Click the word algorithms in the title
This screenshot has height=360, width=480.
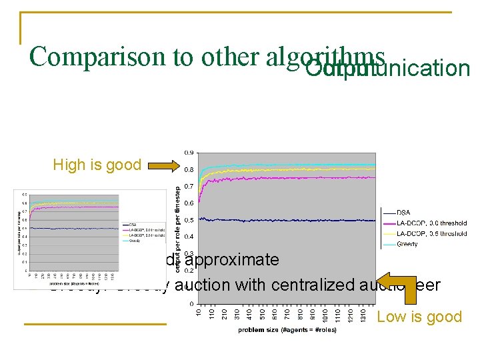327,57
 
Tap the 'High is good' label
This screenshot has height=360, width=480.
97,165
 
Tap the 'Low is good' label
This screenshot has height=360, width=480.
419,317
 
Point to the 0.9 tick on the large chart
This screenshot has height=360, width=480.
189,153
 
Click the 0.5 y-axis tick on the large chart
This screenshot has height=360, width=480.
189,220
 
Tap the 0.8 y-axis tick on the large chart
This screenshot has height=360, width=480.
189,169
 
